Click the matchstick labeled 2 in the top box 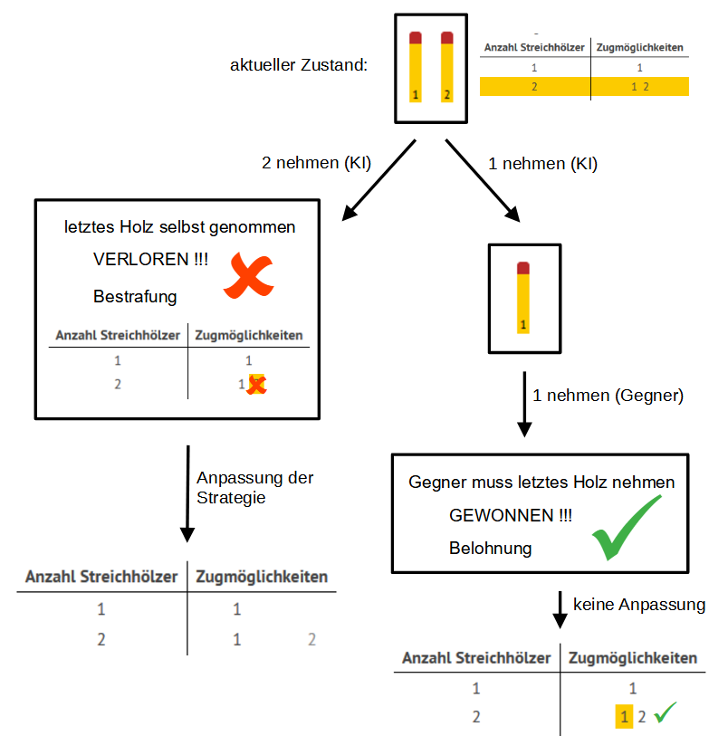pos(446,68)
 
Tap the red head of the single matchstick pos(522,267)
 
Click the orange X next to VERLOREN pos(248,276)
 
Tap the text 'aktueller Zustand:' pos(299,66)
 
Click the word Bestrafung pos(135,297)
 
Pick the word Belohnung pos(490,549)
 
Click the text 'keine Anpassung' pos(638,605)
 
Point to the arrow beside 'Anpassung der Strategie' pos(187,493)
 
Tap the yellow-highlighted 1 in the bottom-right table pos(623,717)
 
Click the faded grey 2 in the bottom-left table pos(311,639)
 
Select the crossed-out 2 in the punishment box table pos(257,385)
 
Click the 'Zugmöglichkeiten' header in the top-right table pos(639,47)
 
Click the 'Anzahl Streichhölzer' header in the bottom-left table pos(100,577)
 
